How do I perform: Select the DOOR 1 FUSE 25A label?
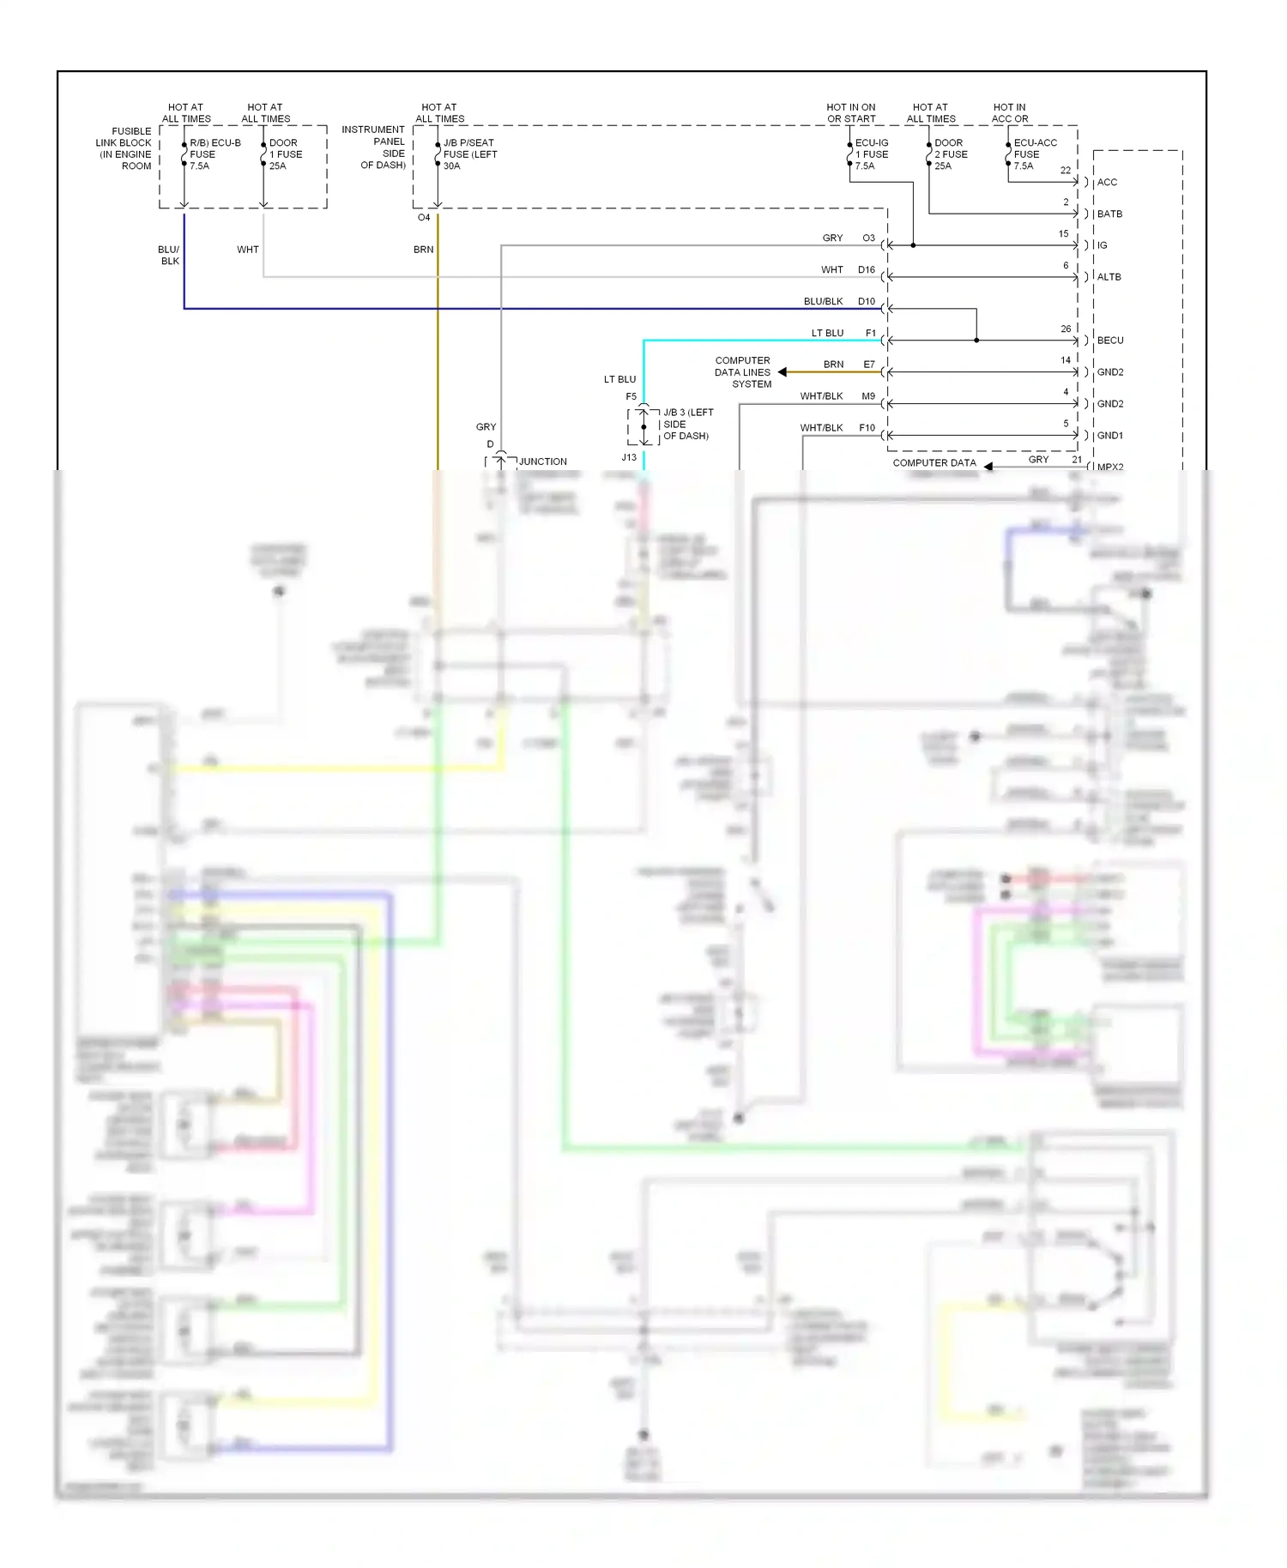[x=286, y=154]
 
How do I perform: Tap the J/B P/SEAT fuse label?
[x=469, y=154]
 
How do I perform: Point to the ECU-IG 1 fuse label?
[x=871, y=154]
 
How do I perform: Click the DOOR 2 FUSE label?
[x=951, y=154]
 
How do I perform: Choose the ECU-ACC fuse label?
[x=1035, y=154]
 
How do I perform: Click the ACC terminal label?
[x=1107, y=182]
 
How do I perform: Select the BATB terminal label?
[x=1109, y=214]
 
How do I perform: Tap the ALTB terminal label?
[x=1109, y=277]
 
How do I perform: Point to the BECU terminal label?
[x=1110, y=341]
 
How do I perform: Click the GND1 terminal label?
[x=1110, y=436]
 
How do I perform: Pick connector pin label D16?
[x=867, y=269]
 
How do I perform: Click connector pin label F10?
[x=867, y=427]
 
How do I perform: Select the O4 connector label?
[x=424, y=218]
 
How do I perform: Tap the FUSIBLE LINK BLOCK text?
[x=125, y=148]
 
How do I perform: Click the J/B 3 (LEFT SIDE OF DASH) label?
[x=687, y=424]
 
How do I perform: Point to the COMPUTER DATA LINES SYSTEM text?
[x=743, y=372]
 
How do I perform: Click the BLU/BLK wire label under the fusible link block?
[x=169, y=255]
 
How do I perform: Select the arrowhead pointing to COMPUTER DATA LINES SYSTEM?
[x=782, y=372]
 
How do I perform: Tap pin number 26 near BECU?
[x=1066, y=329]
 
